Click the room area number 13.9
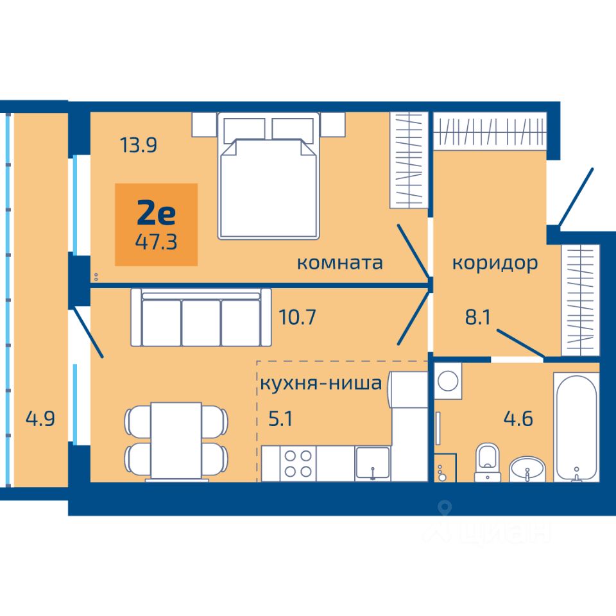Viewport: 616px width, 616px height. click(x=139, y=145)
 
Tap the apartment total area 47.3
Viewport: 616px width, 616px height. click(x=156, y=242)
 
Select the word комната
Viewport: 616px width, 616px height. click(x=340, y=263)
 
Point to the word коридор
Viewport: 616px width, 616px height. click(x=495, y=264)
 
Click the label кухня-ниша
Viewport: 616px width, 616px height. click(x=321, y=383)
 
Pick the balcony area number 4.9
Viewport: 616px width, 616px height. click(x=40, y=419)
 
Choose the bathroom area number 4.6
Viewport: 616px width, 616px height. click(x=518, y=419)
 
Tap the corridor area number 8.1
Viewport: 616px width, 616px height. click(x=478, y=317)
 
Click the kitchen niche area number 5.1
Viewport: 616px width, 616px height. click(x=280, y=419)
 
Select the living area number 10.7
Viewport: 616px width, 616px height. click(x=297, y=317)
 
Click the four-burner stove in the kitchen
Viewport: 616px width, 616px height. click(x=298, y=463)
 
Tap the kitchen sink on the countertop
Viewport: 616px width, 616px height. click(x=372, y=463)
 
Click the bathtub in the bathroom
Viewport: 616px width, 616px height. click(x=576, y=427)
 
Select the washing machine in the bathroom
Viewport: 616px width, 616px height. click(x=448, y=381)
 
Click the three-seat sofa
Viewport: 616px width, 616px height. click(x=201, y=318)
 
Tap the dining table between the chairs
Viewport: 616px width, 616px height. click(x=176, y=440)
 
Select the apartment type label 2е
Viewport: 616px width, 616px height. click(x=156, y=214)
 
